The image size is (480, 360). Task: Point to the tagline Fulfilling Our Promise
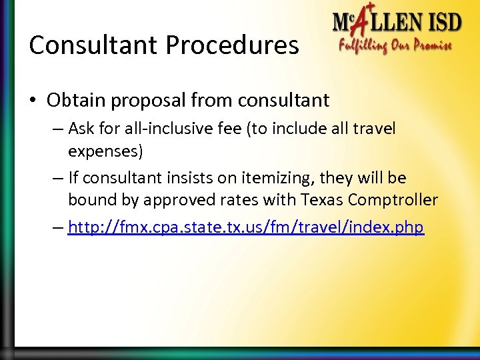[x=396, y=47]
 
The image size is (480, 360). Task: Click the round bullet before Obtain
[x=33, y=101]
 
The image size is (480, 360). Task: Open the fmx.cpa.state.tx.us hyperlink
[x=245, y=227]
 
